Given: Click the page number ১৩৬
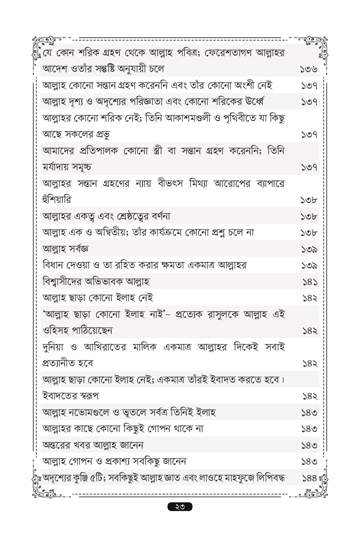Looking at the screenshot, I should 309,69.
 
